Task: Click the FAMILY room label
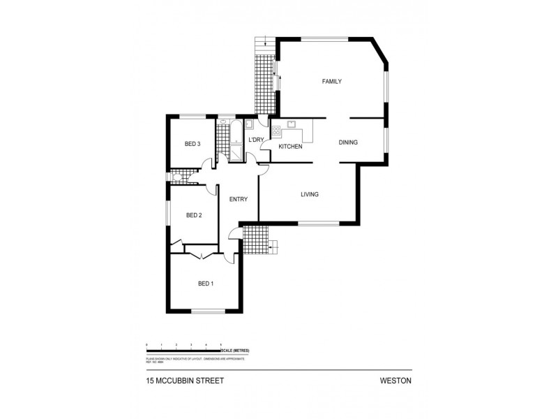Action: (x=331, y=82)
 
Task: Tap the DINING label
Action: (x=348, y=142)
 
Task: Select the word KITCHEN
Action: (x=290, y=147)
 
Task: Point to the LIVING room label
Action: (x=310, y=194)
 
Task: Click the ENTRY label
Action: (x=239, y=199)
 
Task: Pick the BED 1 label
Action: (x=206, y=284)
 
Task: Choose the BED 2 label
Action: (x=194, y=215)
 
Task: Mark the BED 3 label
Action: (x=193, y=144)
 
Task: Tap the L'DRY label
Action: (x=257, y=140)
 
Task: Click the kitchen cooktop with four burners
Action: (x=276, y=130)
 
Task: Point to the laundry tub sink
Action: (x=249, y=124)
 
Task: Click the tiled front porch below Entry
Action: (x=255, y=241)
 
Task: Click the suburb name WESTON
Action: (x=396, y=382)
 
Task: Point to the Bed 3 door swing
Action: (x=207, y=164)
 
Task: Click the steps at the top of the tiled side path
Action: (x=263, y=43)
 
